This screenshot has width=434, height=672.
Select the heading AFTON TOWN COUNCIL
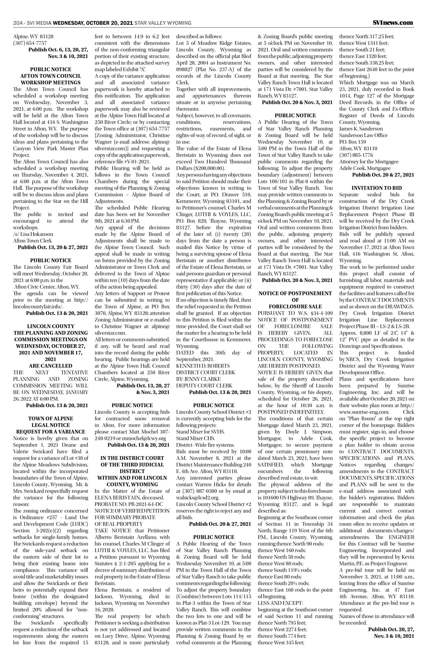click(x=51, y=76)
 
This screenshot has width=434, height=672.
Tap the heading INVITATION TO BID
click(x=377, y=188)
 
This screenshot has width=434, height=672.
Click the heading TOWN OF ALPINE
click(x=51, y=418)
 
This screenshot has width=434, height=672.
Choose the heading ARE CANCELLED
click(x=51, y=366)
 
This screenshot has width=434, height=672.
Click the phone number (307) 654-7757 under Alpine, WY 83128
click(x=30, y=43)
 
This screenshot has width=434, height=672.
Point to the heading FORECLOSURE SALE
click(x=295, y=307)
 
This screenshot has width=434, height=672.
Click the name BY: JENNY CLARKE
click(x=198, y=379)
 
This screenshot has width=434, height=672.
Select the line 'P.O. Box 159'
click(x=352, y=142)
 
